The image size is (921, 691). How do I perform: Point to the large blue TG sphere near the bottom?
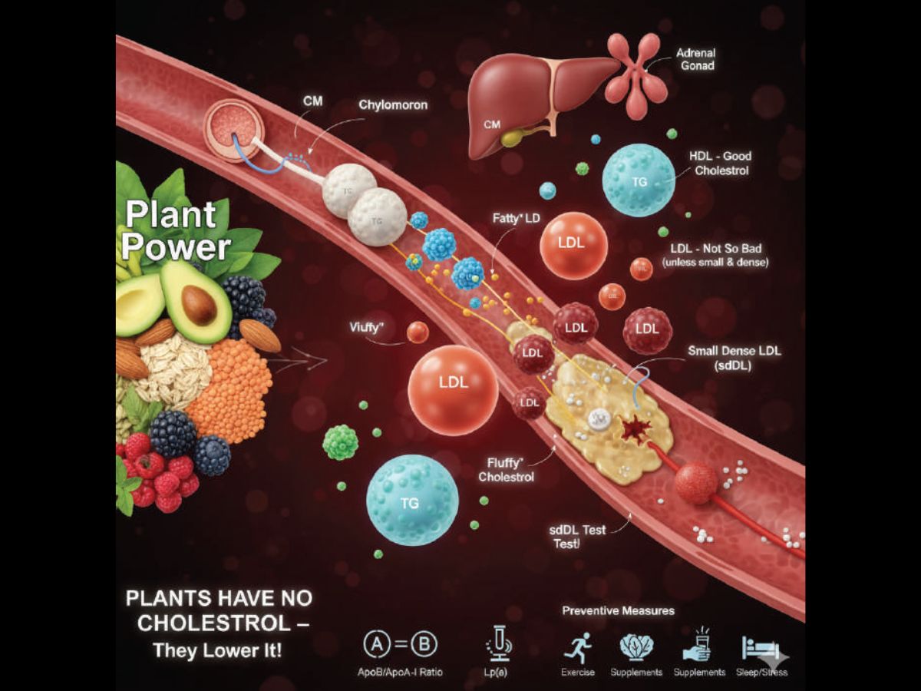[412, 500]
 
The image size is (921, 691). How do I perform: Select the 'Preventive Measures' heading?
[618, 610]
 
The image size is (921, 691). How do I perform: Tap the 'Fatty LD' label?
[516, 219]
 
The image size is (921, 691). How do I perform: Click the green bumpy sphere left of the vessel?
[341, 442]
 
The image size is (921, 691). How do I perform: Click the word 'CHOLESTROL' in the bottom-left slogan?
[216, 623]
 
